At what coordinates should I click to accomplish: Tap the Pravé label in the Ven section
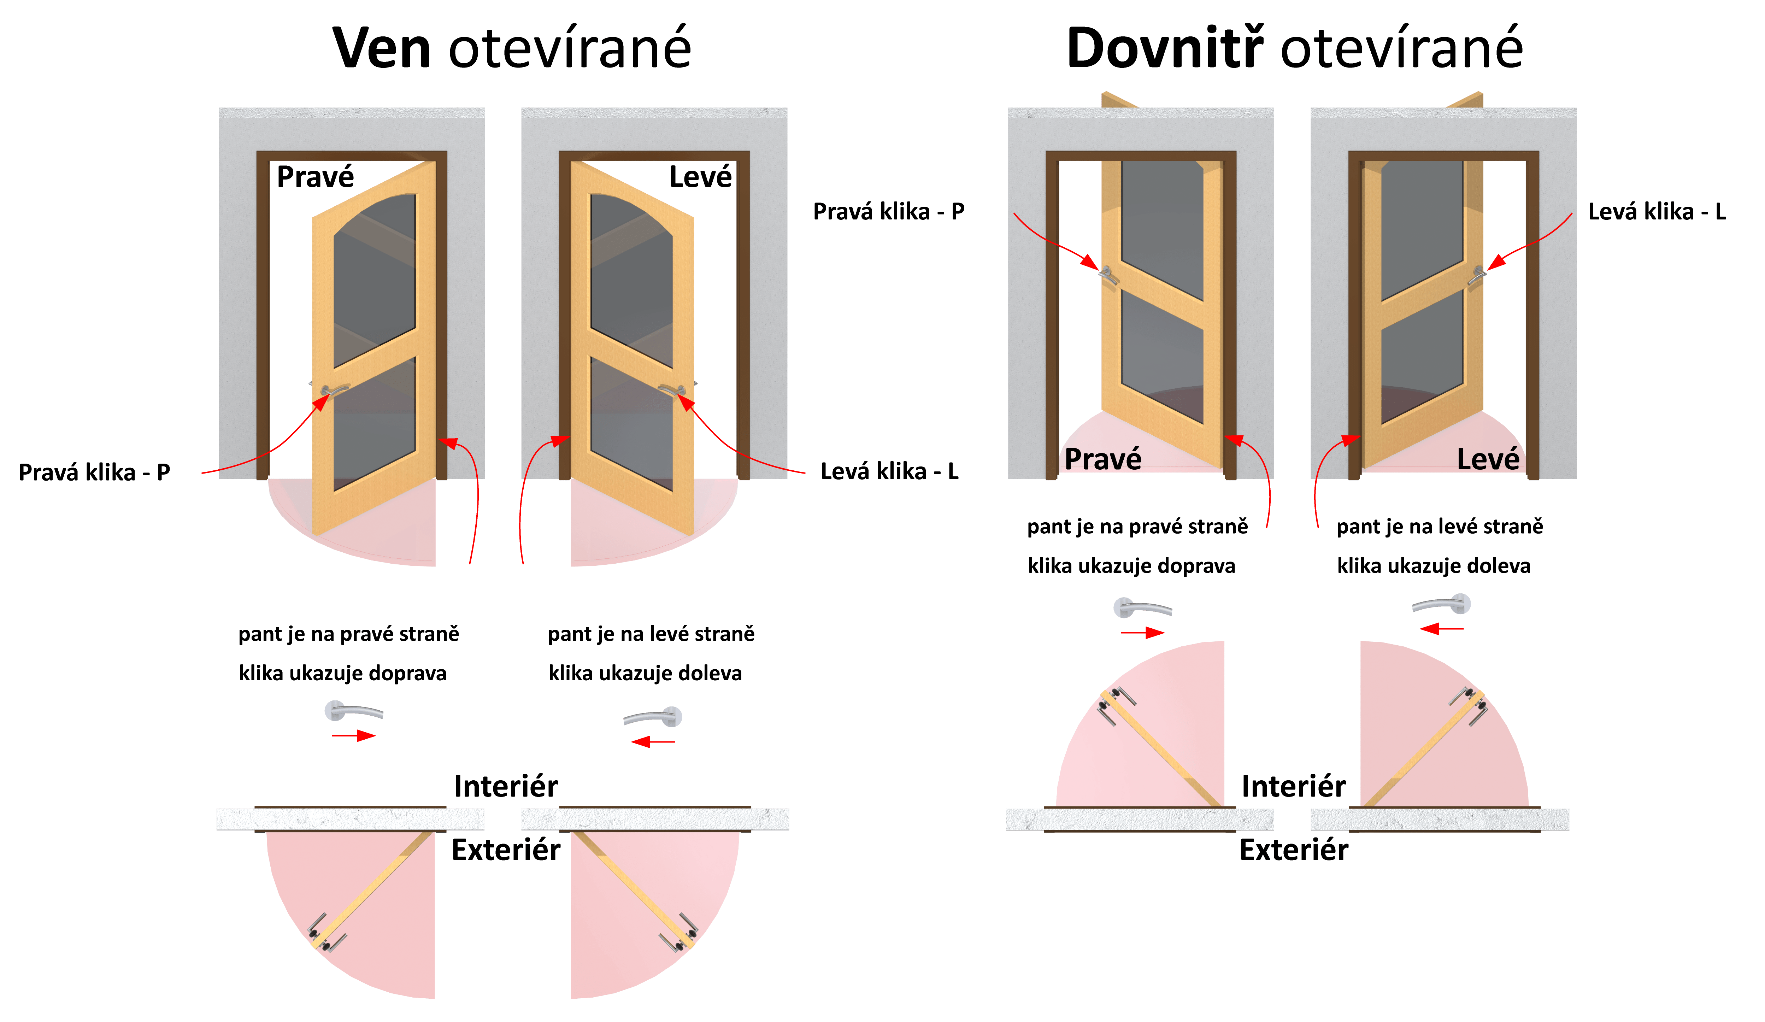click(315, 177)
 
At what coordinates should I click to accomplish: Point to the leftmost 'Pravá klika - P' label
click(95, 472)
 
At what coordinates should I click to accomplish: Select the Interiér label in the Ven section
click(506, 786)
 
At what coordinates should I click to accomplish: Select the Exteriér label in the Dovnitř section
click(1294, 850)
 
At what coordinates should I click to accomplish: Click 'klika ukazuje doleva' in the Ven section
click(645, 673)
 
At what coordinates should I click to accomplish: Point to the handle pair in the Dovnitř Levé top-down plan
click(1469, 706)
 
